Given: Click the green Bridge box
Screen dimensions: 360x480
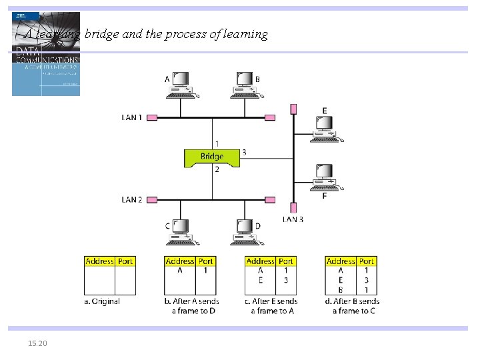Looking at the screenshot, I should (212, 157).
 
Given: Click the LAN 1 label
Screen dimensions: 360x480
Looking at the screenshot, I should (132, 117).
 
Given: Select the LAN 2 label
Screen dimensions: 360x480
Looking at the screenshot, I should (132, 199).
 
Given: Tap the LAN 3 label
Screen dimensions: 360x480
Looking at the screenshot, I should (293, 219).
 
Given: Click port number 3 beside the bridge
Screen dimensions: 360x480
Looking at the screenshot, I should (244, 153).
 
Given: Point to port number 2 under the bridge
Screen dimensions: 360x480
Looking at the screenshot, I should (217, 170).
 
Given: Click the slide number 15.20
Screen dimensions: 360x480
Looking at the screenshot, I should (37, 343).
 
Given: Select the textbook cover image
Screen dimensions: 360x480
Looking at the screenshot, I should (46, 55).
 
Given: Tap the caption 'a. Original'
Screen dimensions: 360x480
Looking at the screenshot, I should (102, 301).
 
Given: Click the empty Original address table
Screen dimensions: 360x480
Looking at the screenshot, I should (110, 280).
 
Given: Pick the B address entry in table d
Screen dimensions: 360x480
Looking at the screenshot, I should (341, 289).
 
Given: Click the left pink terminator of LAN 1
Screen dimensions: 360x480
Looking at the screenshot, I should (151, 117).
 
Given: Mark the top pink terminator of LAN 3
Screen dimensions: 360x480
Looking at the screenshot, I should (293, 109).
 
